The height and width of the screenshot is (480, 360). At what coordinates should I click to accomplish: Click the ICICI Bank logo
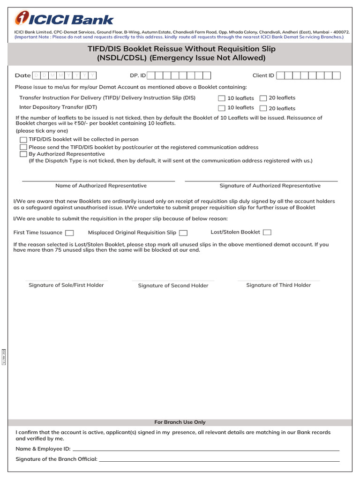pos(64,19)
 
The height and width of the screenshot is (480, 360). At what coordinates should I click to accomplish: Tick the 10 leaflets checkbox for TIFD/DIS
pos(222,98)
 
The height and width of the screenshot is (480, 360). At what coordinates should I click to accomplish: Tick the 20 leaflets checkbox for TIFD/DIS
pos(263,98)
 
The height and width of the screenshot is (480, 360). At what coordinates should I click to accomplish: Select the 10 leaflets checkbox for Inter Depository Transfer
pos(222,108)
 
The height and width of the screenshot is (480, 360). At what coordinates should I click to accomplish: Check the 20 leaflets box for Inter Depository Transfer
pos(263,108)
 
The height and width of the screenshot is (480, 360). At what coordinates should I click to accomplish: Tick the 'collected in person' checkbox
pos(23,140)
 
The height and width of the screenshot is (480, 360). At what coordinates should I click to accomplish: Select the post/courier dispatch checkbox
pos(23,147)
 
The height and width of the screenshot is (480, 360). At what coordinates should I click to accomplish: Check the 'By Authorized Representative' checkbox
pos(23,154)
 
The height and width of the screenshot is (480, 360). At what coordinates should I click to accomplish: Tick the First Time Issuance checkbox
pos(69,232)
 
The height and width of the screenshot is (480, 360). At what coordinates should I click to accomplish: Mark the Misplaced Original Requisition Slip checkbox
pos(183,232)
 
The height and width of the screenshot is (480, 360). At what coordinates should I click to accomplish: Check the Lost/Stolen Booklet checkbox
pos(267,232)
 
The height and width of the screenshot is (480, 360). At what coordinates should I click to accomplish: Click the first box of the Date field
pos(37,75)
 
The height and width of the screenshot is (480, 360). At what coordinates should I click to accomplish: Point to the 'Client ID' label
pos(263,75)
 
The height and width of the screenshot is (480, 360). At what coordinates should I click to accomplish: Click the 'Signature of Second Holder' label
pos(173,285)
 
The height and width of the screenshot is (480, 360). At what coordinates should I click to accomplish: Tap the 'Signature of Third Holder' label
pos(278,285)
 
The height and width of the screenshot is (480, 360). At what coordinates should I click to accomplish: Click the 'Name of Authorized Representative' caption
pos(101,186)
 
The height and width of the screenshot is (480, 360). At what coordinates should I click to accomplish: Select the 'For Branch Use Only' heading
pos(180,422)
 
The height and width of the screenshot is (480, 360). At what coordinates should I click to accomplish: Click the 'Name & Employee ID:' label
pos(43,449)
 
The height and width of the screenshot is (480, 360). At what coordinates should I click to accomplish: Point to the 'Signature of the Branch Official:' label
pos(56,459)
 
